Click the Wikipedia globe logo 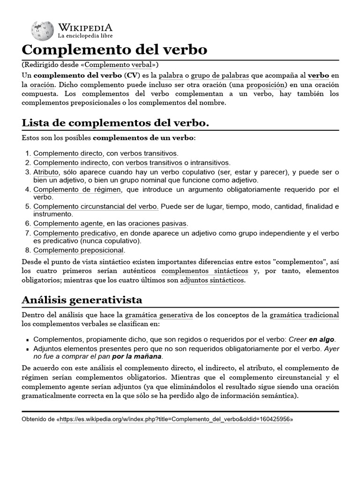pos(42,30)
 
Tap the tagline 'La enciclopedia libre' pos(85,35)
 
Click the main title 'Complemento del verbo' pos(114,50)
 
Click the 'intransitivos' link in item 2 pos(210,163)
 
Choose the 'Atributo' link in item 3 pos(46,172)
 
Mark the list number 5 pos(28,207)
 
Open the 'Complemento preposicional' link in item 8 pos(79,250)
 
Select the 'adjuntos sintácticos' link pos(212,280)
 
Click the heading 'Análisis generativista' pos(82,300)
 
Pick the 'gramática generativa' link pos(158,315)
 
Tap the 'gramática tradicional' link pos(304,315)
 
